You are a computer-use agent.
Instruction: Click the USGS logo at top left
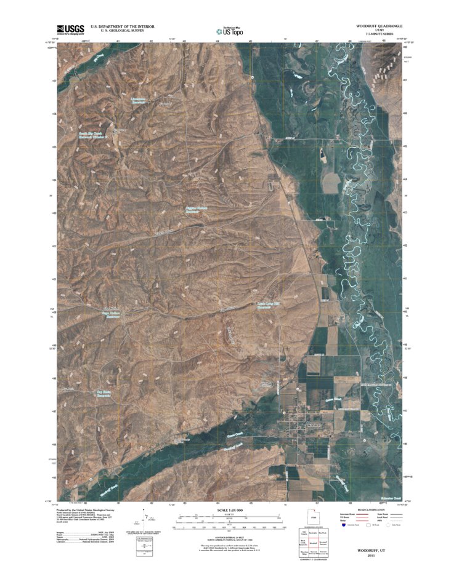point(71,29)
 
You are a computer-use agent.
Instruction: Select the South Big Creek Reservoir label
point(92,135)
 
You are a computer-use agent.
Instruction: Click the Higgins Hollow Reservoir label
point(198,210)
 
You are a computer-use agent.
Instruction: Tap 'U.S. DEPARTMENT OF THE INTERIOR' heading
point(123,26)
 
